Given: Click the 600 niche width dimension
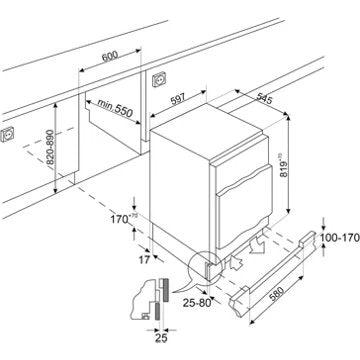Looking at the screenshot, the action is pos(110,56).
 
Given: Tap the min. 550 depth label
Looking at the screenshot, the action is pos(115,108).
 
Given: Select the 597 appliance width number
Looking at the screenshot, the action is pos(178,99).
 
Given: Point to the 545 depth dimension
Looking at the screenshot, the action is pos(265,98).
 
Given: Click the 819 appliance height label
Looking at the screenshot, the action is pos(284,165).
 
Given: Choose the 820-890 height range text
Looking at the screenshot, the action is pos(49,147).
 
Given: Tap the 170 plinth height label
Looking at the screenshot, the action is pos(121,219).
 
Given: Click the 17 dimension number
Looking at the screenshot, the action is pos(144,260).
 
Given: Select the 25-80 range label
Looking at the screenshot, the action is pos(197,303).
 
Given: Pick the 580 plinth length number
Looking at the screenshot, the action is pos(277,294).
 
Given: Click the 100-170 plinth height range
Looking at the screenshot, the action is pos(340,238).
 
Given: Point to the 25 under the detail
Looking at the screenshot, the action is pos(161,338).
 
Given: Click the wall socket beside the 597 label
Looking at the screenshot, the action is pos(159,79).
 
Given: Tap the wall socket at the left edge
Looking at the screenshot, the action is pos(6,135).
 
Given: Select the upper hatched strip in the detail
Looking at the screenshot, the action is pos(166,289).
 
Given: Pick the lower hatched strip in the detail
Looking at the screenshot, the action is pos(158,311).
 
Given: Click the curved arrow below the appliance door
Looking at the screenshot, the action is pos(258,246).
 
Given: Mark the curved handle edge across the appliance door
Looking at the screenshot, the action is pos(244,181).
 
